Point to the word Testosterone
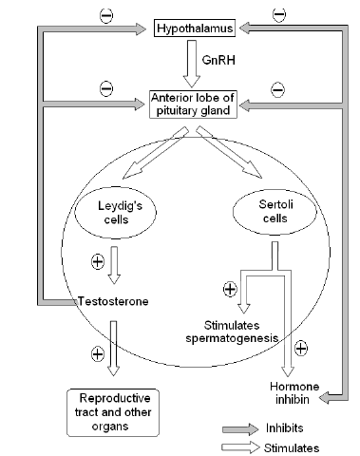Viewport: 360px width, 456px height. [x=109, y=301]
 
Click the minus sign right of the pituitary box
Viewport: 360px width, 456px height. [x=276, y=89]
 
